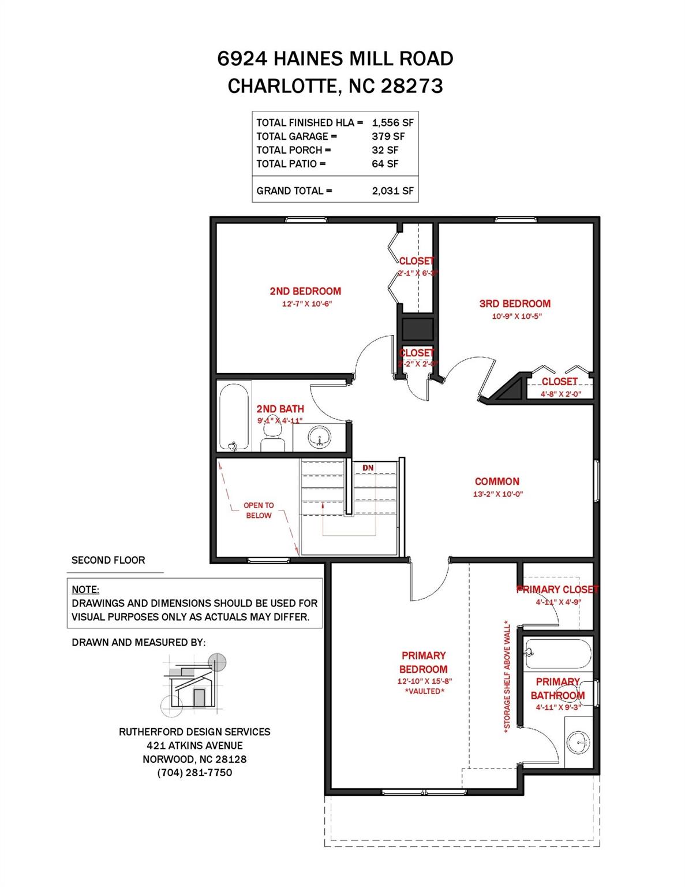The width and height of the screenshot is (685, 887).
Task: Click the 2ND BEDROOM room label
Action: click(305, 292)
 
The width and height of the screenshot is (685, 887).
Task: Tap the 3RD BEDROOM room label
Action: click(515, 304)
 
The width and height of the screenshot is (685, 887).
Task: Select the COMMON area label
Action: click(497, 482)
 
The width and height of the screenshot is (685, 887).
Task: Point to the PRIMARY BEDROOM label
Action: click(424, 662)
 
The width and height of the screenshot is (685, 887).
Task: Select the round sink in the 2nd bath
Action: click(319, 437)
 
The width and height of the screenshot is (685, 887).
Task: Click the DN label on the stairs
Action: click(368, 468)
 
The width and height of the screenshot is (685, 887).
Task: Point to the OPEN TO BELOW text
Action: click(259, 510)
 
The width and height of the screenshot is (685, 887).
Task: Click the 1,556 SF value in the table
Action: click(392, 122)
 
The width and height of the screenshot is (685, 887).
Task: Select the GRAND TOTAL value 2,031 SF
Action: click(392, 191)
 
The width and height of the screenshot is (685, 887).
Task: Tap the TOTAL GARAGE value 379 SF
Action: click(388, 136)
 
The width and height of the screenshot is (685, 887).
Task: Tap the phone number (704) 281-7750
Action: click(194, 773)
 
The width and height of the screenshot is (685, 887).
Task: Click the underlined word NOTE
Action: click(85, 590)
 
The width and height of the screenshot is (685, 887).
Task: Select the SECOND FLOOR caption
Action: click(108, 560)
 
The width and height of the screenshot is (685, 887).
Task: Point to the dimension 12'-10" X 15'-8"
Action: click(424, 681)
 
